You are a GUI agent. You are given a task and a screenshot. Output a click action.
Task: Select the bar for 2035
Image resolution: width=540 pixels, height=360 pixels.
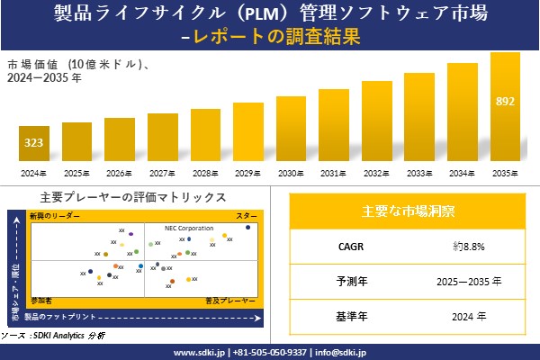tap(505, 108)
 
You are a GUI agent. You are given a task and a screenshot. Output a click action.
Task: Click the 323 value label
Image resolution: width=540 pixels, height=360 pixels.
tap(33, 143)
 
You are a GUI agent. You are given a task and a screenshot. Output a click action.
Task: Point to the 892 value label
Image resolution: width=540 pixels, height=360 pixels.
tap(505, 101)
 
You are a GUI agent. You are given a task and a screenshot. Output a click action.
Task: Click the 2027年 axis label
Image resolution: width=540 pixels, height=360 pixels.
tap(162, 173)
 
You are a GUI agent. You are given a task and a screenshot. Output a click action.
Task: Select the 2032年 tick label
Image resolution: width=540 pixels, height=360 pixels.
tap(376, 173)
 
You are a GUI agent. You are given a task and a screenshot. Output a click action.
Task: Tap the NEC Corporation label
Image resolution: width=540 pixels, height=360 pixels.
tap(189, 229)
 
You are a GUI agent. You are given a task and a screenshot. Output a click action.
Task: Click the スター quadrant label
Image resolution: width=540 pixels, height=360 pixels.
tap(247, 217)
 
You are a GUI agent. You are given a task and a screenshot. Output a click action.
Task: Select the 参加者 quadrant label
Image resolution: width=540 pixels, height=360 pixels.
tap(41, 298)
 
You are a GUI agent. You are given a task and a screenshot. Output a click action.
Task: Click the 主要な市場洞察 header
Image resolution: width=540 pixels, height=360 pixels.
tap(408, 211)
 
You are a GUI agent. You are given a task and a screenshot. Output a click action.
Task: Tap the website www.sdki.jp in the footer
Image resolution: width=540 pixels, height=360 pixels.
tap(199, 352)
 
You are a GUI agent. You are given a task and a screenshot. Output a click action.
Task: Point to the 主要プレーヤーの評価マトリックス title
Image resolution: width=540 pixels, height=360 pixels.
tap(133, 196)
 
